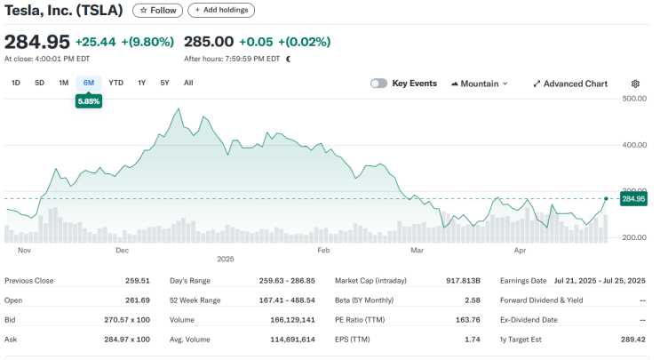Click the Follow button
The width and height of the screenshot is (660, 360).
(157, 11)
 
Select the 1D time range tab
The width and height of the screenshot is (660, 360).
(16, 83)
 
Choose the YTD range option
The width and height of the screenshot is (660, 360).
(115, 83)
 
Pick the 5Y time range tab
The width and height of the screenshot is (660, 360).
(164, 83)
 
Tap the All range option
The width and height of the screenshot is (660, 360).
(188, 83)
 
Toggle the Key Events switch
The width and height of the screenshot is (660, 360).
(378, 84)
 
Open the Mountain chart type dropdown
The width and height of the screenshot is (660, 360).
(480, 84)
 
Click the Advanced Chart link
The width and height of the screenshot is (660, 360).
(570, 84)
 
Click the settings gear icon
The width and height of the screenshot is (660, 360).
(635, 84)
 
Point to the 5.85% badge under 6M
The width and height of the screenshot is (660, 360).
(89, 101)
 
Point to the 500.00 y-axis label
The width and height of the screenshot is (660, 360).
(634, 99)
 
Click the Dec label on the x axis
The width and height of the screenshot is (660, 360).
(122, 251)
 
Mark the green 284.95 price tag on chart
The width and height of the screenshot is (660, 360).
(633, 199)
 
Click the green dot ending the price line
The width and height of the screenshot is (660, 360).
(606, 198)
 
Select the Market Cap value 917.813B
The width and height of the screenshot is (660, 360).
(463, 281)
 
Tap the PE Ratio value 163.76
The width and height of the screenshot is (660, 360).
(467, 320)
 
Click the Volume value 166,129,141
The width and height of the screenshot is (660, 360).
(292, 320)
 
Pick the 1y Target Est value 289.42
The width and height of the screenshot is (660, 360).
(633, 340)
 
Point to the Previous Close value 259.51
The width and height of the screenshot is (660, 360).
(137, 281)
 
